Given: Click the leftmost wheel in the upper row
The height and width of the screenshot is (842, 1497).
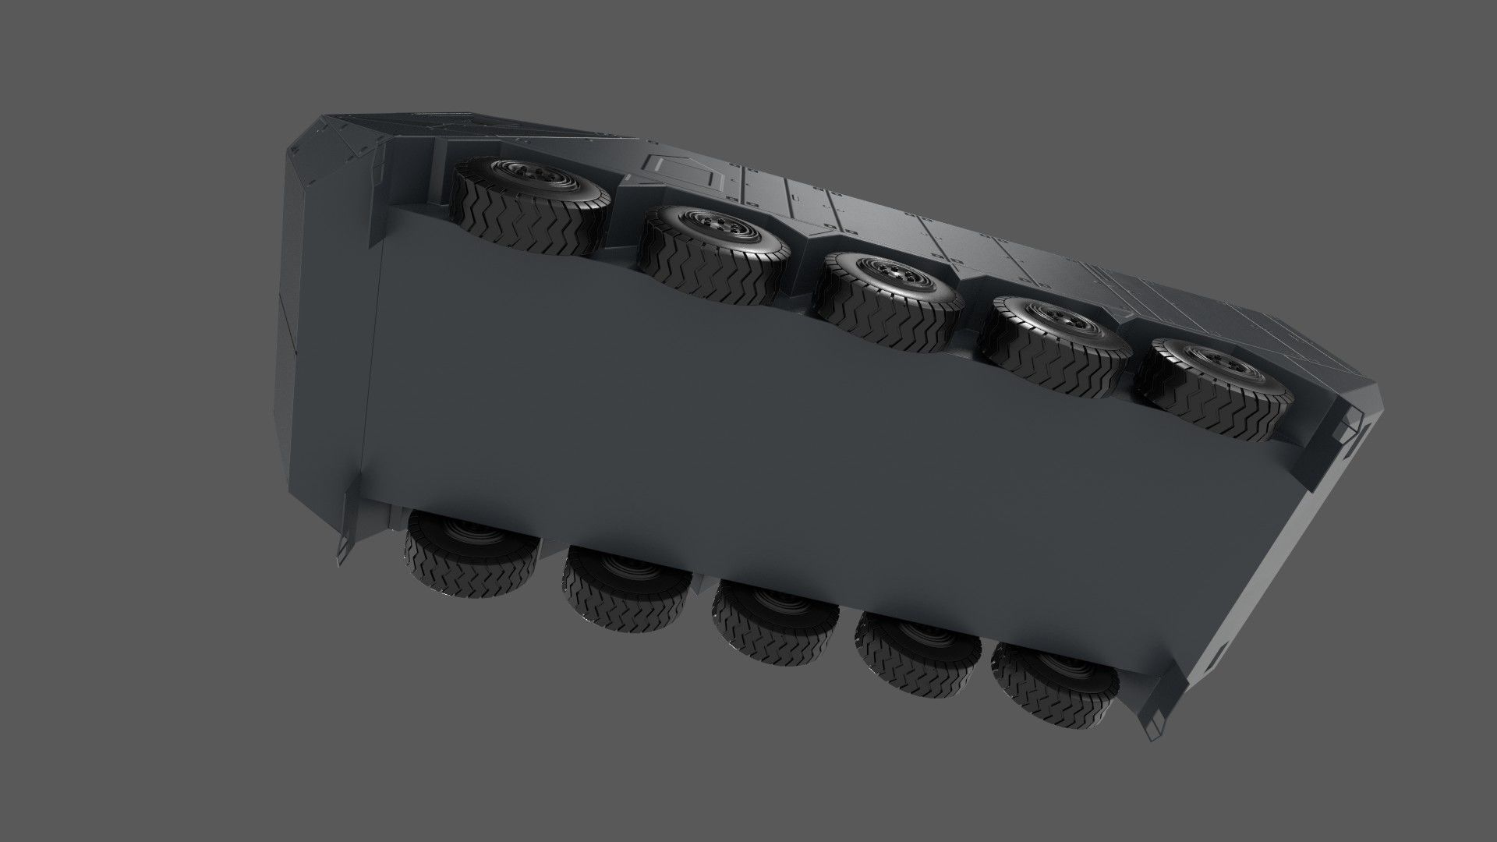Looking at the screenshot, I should [530, 204].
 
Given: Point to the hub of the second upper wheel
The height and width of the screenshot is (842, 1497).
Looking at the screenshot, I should [720, 227].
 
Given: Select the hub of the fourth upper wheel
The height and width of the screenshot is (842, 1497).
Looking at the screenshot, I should [1067, 317].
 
